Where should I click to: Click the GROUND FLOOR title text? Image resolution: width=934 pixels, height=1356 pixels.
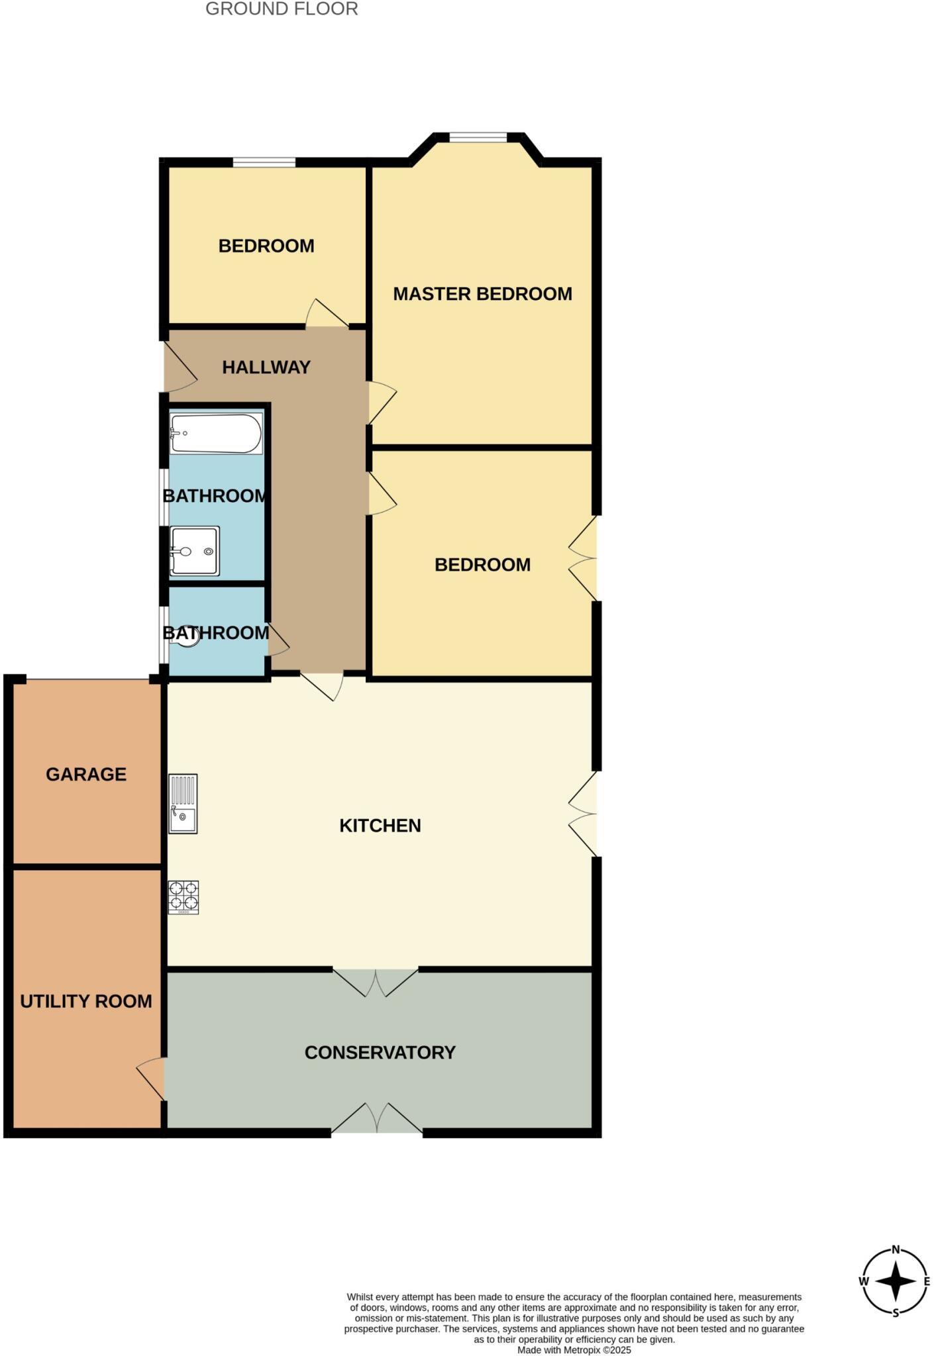pos(282,9)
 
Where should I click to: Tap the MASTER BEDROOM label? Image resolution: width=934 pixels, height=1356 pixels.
pos(482,294)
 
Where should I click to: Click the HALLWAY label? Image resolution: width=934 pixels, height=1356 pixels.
pos(266,367)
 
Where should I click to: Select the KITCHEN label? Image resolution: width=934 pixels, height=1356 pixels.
pos(380,826)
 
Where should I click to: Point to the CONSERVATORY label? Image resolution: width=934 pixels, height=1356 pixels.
pos(380,1053)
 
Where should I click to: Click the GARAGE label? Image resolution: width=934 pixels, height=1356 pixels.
pos(86,775)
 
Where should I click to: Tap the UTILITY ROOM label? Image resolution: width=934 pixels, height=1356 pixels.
pos(86,1001)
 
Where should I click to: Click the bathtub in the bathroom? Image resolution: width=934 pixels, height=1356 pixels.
pos(216,434)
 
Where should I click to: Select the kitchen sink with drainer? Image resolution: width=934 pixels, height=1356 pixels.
pos(183,804)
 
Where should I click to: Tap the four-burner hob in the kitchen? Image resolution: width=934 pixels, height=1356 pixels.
pos(183,896)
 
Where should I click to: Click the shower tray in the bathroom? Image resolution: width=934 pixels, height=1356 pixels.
pos(195,551)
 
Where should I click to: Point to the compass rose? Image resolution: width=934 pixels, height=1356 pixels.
pos(895,1281)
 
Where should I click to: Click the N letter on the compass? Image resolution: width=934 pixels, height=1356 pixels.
pos(896,1249)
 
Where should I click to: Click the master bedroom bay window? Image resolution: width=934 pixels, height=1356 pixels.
pos(478,138)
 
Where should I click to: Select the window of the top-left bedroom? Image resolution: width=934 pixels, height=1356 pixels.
pos(264,162)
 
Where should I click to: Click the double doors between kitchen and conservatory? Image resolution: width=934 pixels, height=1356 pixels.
pos(376,982)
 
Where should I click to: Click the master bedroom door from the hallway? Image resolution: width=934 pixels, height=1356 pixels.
pos(381,402)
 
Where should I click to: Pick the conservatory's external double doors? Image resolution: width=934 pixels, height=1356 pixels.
pos(377,1118)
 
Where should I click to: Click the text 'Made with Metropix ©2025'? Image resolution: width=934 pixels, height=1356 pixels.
pos(574,1349)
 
